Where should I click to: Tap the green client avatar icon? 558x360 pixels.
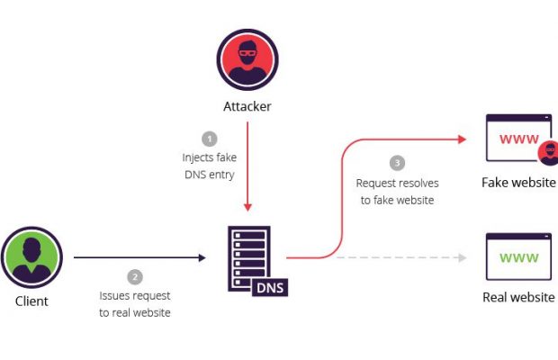point(31,257)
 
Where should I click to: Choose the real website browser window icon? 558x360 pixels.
point(518,257)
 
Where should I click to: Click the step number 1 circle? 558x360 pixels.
point(209,139)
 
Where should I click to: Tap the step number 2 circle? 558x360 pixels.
point(135,276)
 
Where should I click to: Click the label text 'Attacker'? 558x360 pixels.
point(247,106)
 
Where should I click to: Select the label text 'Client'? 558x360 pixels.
point(31,301)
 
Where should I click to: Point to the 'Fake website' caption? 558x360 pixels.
point(518,183)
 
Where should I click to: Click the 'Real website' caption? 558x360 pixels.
point(518,298)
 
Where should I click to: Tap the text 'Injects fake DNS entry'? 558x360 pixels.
point(209,166)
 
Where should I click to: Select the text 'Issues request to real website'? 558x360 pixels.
point(135,304)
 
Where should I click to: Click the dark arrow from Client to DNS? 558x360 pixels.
point(139,257)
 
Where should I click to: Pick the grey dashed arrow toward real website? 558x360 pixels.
point(400,257)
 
